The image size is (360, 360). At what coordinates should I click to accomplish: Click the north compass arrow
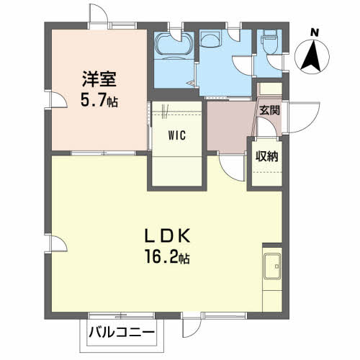click(311, 56)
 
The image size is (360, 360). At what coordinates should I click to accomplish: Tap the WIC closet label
click(177, 135)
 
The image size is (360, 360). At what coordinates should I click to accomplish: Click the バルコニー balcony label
click(122, 333)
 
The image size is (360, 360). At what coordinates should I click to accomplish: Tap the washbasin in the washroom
click(212, 39)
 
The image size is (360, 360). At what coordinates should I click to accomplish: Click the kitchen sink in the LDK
click(273, 269)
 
